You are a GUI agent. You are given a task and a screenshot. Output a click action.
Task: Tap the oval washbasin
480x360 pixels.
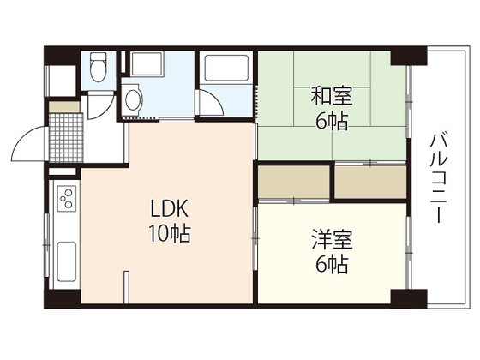(131, 101)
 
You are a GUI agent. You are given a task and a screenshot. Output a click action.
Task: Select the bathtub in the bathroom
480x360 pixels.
(225, 68)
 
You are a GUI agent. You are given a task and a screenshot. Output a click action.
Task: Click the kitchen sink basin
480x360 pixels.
(66, 257)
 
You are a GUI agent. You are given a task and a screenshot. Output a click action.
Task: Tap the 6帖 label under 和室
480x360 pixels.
(331, 121)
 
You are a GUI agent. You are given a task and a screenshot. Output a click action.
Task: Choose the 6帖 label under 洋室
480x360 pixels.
(331, 266)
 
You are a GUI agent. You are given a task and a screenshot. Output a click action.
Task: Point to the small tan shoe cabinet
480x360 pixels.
(62, 107)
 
